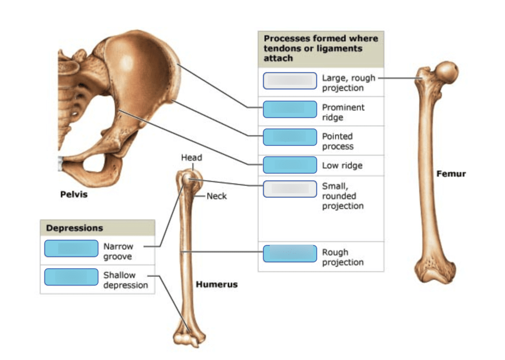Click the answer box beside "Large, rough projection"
(289, 81)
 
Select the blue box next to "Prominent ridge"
(289, 109)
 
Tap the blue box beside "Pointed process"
(289, 137)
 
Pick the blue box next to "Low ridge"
(289, 165)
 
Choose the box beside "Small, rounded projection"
(289, 189)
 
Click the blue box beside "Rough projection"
(289, 253)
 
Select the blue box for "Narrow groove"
(71, 249)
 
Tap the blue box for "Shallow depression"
(71, 277)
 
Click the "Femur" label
(451, 174)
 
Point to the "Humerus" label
(216, 285)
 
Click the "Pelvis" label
(73, 194)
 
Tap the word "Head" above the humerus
(191, 158)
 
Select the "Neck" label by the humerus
(216, 196)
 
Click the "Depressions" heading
(74, 228)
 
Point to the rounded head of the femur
(448, 72)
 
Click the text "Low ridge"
(342, 166)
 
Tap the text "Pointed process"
(338, 141)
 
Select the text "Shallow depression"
(125, 280)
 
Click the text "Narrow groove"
(118, 252)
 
